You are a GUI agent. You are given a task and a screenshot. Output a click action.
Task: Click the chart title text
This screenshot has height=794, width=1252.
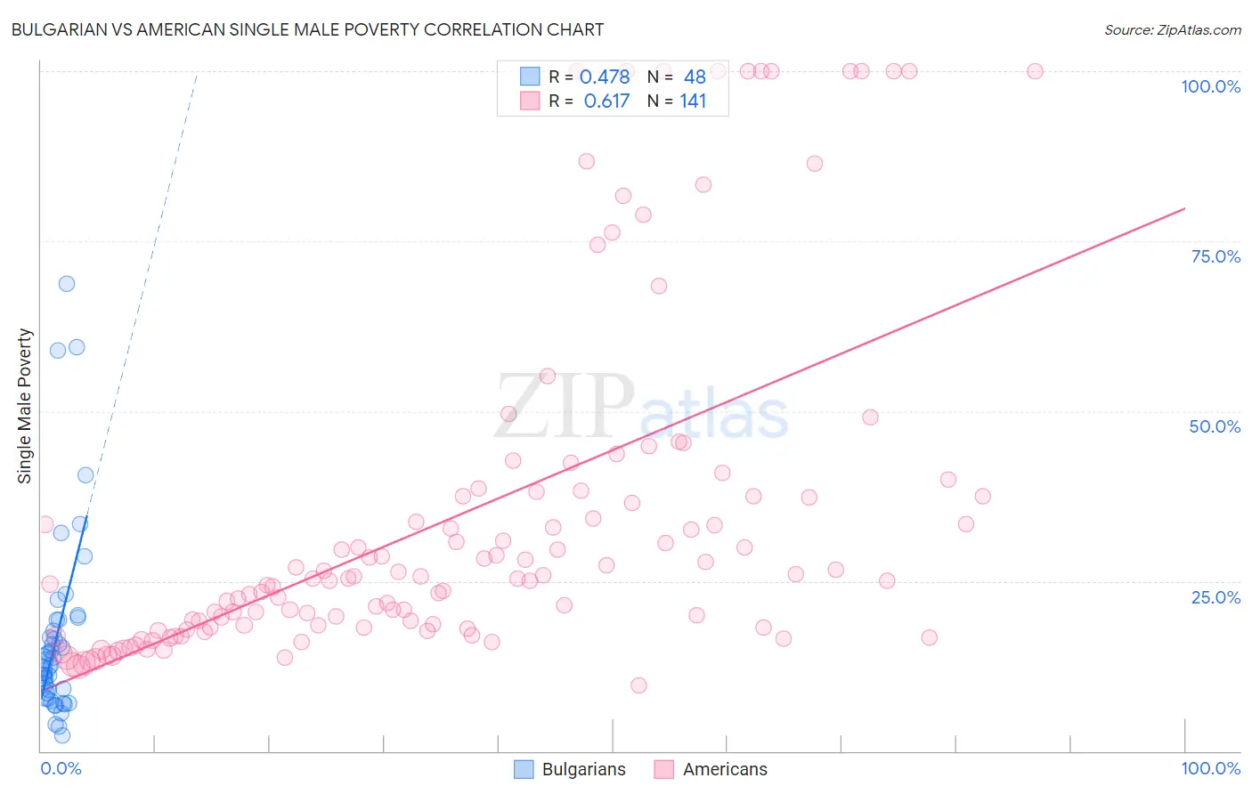click(307, 29)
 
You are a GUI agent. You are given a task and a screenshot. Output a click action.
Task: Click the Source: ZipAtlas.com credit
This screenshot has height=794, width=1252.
click(1172, 29)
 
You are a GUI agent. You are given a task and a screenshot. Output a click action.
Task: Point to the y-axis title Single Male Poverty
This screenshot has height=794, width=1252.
click(25, 406)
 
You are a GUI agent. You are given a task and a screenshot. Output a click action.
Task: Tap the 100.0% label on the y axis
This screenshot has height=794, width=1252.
click(1210, 86)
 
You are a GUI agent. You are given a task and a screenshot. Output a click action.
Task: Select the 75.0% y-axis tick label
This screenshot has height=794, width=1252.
click(1215, 256)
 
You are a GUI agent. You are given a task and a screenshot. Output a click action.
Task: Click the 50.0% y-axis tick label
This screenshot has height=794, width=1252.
click(1215, 426)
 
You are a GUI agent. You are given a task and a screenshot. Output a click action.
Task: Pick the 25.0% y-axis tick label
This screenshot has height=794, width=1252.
click(1215, 596)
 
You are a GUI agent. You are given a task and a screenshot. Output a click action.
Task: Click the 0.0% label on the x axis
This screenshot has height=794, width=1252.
click(61, 768)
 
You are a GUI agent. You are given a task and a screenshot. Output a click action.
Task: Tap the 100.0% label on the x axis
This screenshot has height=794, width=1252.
click(1210, 768)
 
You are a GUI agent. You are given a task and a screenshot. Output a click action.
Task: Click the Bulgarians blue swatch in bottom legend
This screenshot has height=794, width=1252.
click(524, 769)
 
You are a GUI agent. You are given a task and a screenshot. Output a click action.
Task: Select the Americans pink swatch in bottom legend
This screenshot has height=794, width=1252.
click(663, 769)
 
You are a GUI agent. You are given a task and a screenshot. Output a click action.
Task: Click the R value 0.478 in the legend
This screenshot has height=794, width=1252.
click(605, 77)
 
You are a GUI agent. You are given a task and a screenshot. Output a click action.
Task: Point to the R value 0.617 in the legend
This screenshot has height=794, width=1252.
click(606, 101)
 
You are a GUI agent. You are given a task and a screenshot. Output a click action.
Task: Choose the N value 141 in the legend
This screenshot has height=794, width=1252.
click(693, 101)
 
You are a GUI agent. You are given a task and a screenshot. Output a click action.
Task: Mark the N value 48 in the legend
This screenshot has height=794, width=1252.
click(695, 77)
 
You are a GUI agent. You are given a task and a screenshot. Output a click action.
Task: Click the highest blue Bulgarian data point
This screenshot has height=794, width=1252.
click(67, 284)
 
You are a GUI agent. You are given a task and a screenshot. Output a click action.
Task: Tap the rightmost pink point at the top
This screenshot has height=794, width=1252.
click(1035, 71)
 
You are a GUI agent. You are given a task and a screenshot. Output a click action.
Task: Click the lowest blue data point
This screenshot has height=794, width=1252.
click(62, 735)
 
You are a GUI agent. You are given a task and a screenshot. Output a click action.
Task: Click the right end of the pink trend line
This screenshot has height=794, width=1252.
click(1184, 208)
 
